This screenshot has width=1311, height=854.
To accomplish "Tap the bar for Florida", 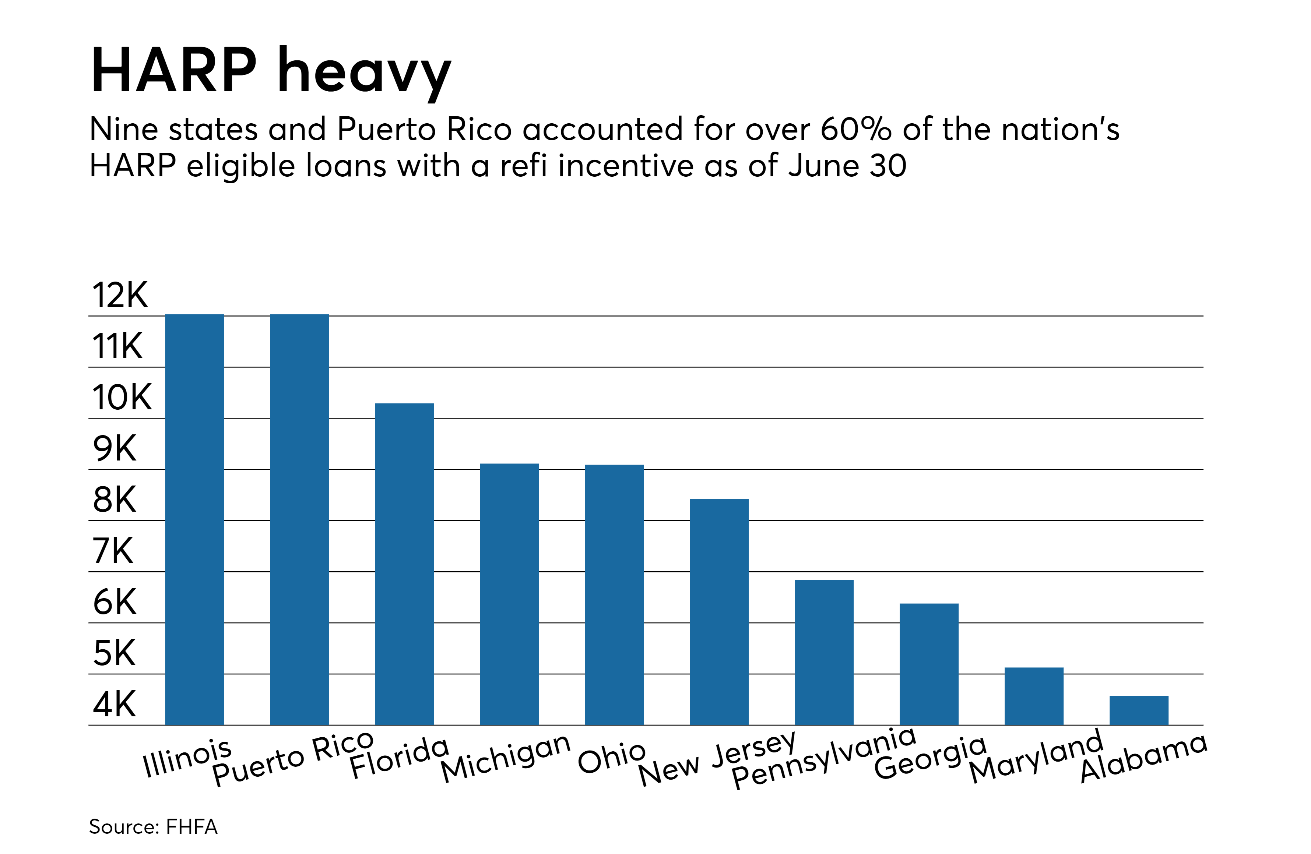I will tap(404, 564).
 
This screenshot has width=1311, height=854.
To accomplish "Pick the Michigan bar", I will tap(509, 594).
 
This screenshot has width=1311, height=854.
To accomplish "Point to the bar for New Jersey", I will tap(719, 612).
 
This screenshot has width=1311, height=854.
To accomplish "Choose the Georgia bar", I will tap(929, 664).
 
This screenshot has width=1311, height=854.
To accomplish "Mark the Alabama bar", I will tap(1139, 710).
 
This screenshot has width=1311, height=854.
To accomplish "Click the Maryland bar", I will tap(1034, 696).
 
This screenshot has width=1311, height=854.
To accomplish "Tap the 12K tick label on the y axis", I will tap(120, 295).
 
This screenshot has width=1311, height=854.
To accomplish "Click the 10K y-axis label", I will tap(121, 398).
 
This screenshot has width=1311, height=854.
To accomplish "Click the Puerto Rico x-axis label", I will tap(293, 759).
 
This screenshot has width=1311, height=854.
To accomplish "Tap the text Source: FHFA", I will tap(153, 826).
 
